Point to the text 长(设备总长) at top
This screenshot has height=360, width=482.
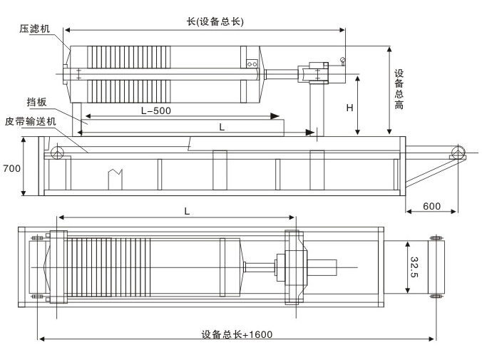coord(210,21)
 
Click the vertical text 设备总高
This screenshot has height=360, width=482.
coord(400,89)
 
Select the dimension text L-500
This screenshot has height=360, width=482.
coord(155,110)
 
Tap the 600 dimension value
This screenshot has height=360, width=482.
coord(431,206)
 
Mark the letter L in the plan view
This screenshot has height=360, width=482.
coord(187,211)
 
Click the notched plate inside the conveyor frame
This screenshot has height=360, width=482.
coord(116,178)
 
